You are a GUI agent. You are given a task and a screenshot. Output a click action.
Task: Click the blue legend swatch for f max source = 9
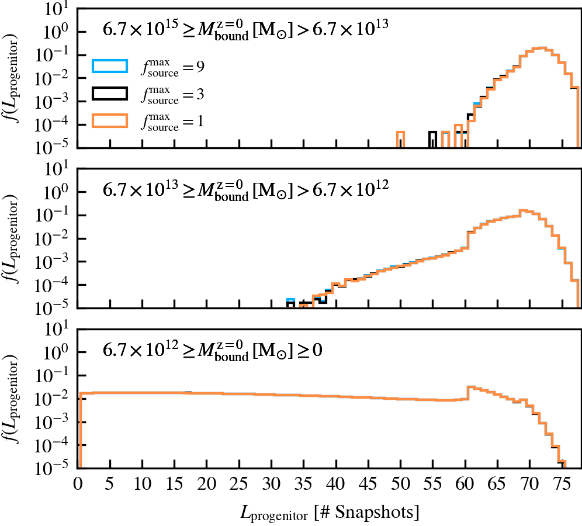(109, 65)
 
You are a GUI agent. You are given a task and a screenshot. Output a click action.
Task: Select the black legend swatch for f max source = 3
(109, 93)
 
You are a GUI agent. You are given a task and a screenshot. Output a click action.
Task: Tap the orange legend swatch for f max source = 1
(109, 120)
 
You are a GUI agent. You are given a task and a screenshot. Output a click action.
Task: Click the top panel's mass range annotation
(244, 29)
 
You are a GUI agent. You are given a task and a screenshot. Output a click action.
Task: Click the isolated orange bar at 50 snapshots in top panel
(400, 139)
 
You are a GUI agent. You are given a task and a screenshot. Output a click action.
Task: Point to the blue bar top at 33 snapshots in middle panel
(290, 299)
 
